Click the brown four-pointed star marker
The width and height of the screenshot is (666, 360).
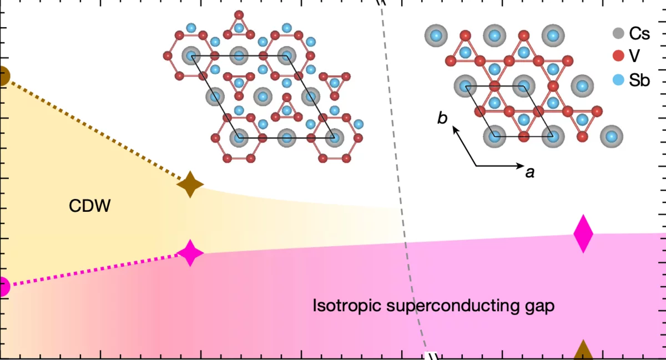[190, 184]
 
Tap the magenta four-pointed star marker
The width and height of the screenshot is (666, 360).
[190, 253]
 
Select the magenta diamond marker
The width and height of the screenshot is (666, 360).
[583, 234]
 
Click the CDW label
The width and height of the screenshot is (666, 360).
[90, 206]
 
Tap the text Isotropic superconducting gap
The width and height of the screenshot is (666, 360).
[433, 306]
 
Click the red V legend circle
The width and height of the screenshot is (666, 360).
[617, 56]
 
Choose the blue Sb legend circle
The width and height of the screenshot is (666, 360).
[617, 80]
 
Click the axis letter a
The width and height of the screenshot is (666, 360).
[529, 173]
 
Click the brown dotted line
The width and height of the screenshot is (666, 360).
[94, 129]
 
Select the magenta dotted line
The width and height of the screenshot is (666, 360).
[94, 270]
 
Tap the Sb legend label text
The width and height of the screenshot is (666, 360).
[639, 80]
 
